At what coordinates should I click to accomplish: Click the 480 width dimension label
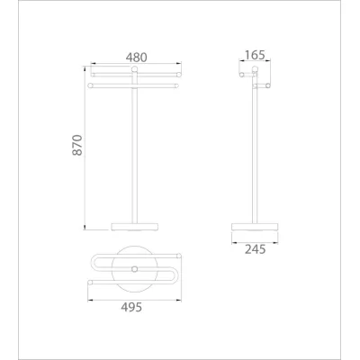(x=135, y=57)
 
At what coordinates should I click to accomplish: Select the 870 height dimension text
(x=77, y=147)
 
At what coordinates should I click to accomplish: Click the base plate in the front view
(x=135, y=223)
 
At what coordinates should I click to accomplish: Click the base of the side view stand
(x=255, y=224)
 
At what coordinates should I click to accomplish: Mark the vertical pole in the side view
(x=254, y=153)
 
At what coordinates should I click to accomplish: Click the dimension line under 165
(x=255, y=64)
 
